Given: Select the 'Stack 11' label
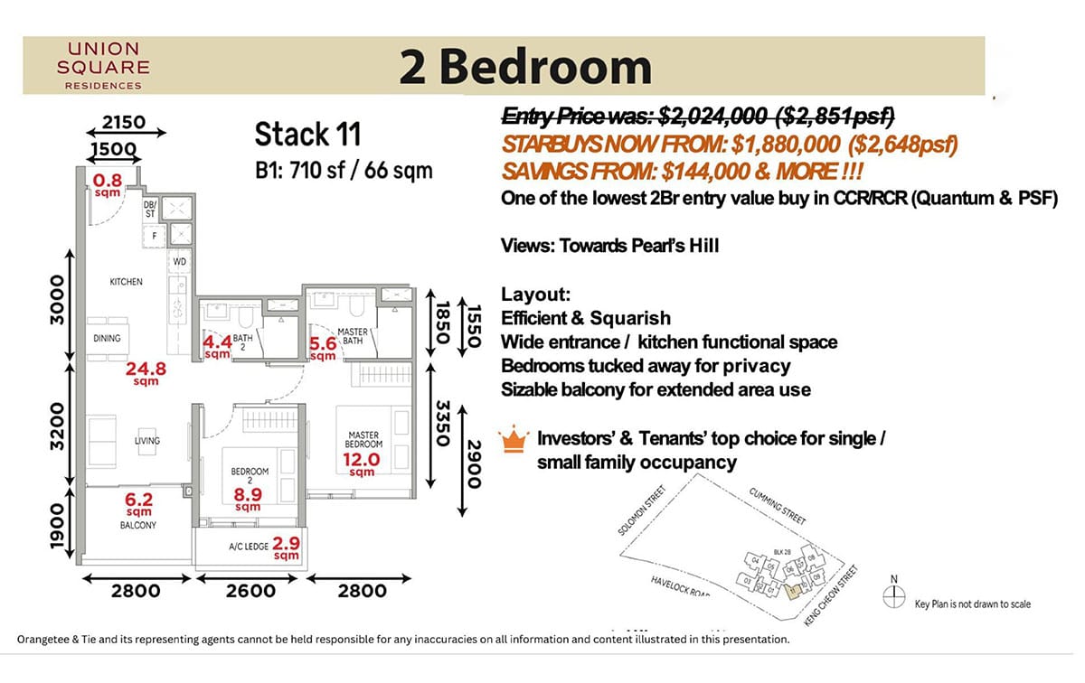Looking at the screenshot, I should click(x=307, y=135).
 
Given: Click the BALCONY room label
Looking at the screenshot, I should click(x=138, y=525).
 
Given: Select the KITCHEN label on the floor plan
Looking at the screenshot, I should click(x=126, y=282).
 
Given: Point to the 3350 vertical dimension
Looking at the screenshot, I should click(x=442, y=422).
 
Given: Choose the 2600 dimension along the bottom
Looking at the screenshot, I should click(x=250, y=591).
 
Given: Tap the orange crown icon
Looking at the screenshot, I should click(x=514, y=441).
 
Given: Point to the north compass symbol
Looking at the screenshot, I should click(x=894, y=595).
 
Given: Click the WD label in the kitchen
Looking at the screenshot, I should click(x=180, y=261).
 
